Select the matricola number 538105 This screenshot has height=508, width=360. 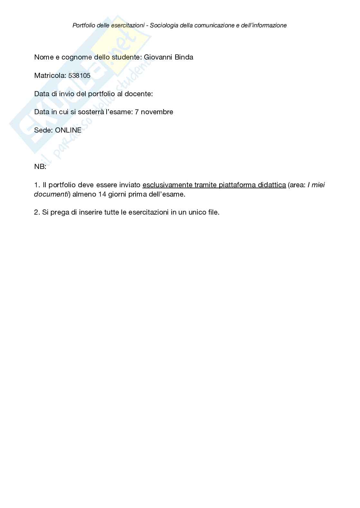79,76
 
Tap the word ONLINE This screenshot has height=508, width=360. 68,130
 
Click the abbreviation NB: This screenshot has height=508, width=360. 40,167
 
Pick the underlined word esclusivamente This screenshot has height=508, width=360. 167,185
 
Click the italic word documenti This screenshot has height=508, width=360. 51,194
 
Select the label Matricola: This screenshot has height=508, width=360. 50,76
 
